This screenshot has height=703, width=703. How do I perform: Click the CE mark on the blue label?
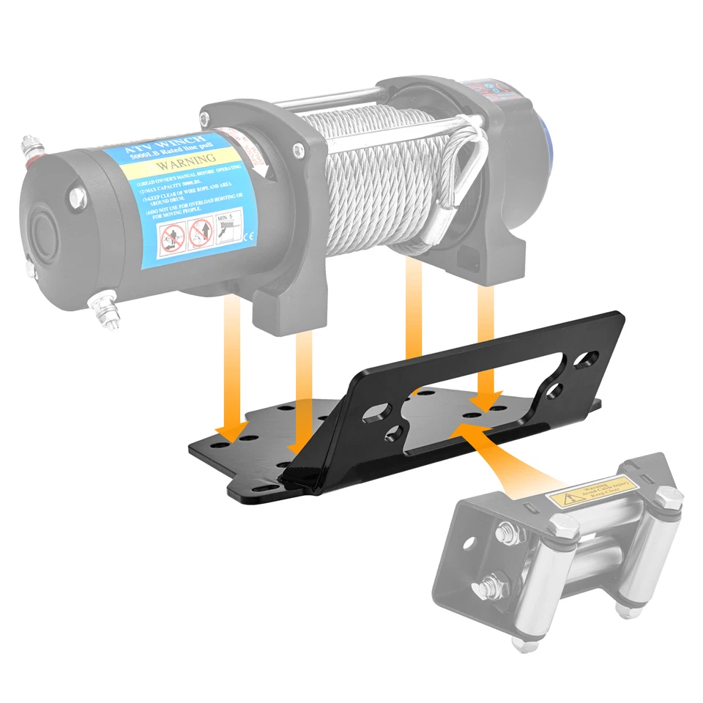pos(248,235)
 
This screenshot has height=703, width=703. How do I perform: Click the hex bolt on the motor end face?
pos(77,197)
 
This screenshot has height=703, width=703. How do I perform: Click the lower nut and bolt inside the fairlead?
pos(488,586)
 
